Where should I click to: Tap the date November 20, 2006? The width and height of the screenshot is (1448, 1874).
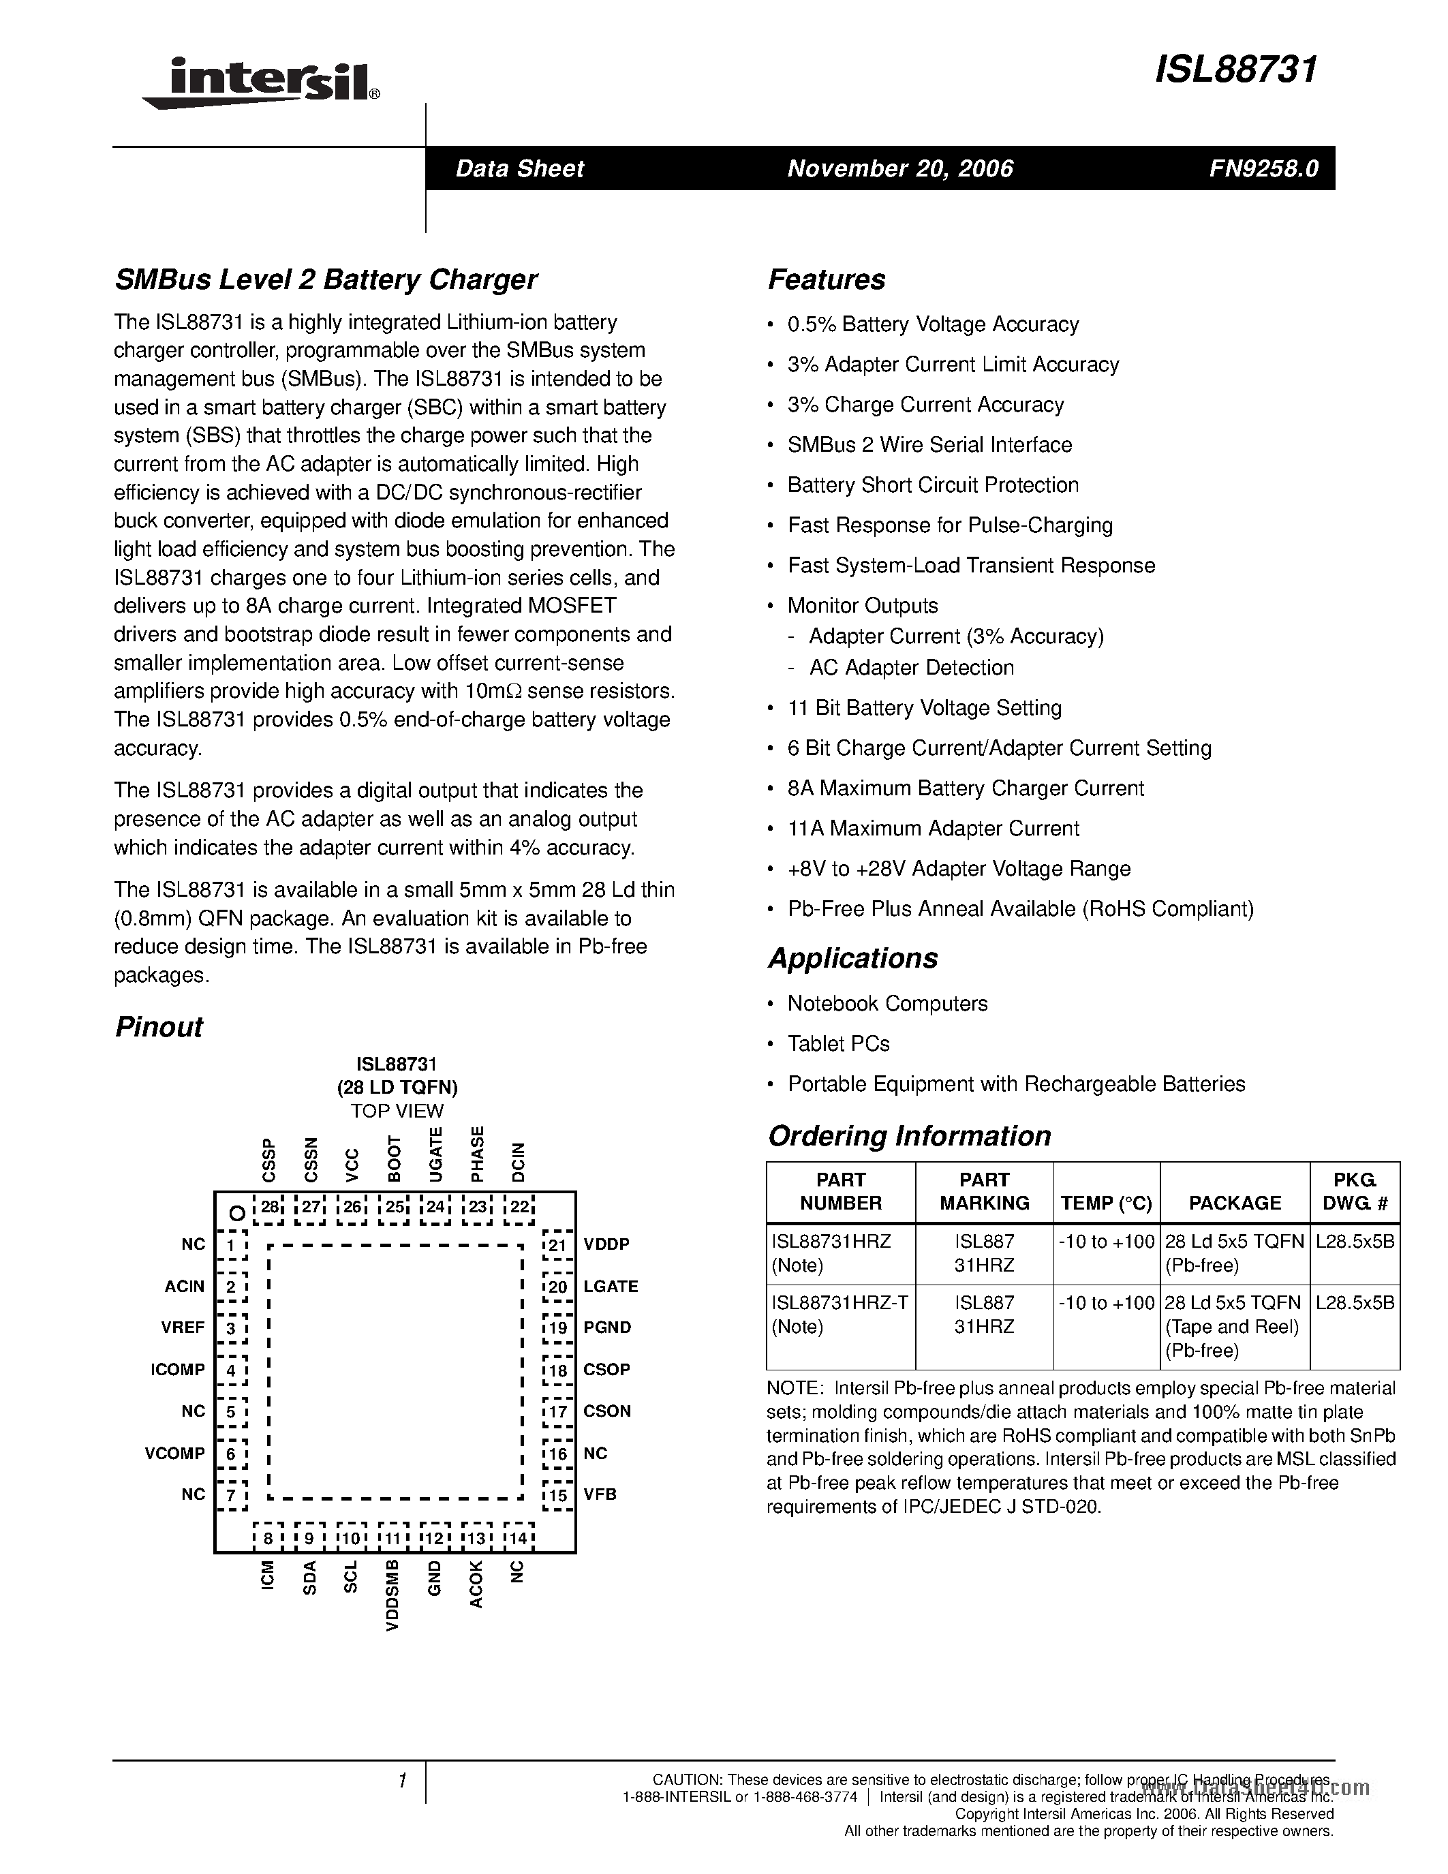click(900, 168)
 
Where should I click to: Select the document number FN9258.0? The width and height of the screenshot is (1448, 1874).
click(1263, 168)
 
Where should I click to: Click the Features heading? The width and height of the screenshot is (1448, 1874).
click(826, 279)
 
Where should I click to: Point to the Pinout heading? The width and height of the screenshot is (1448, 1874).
click(159, 1027)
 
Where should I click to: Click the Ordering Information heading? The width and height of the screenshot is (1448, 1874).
click(908, 1136)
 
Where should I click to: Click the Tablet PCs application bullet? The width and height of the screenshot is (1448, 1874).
click(838, 1043)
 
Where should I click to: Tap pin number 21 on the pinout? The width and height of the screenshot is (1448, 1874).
click(557, 1246)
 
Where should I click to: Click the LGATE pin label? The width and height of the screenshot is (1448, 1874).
click(611, 1286)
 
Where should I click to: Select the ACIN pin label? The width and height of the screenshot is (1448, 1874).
click(185, 1286)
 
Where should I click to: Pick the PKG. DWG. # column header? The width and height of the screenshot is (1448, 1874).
click(1355, 1192)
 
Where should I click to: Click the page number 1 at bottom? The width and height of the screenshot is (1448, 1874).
click(402, 1781)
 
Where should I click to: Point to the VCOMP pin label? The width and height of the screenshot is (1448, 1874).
click(175, 1454)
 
